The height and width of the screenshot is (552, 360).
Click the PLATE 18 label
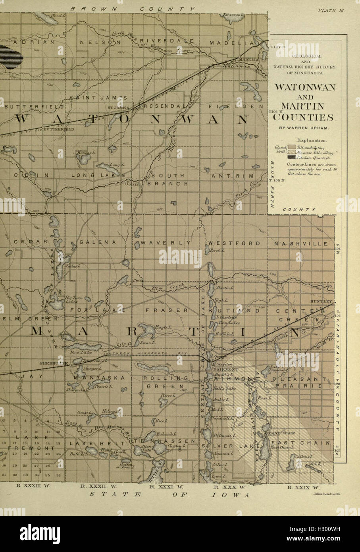(332, 11)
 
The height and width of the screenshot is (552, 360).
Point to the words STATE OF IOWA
(170, 495)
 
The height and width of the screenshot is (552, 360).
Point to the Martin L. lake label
(226, 288)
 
